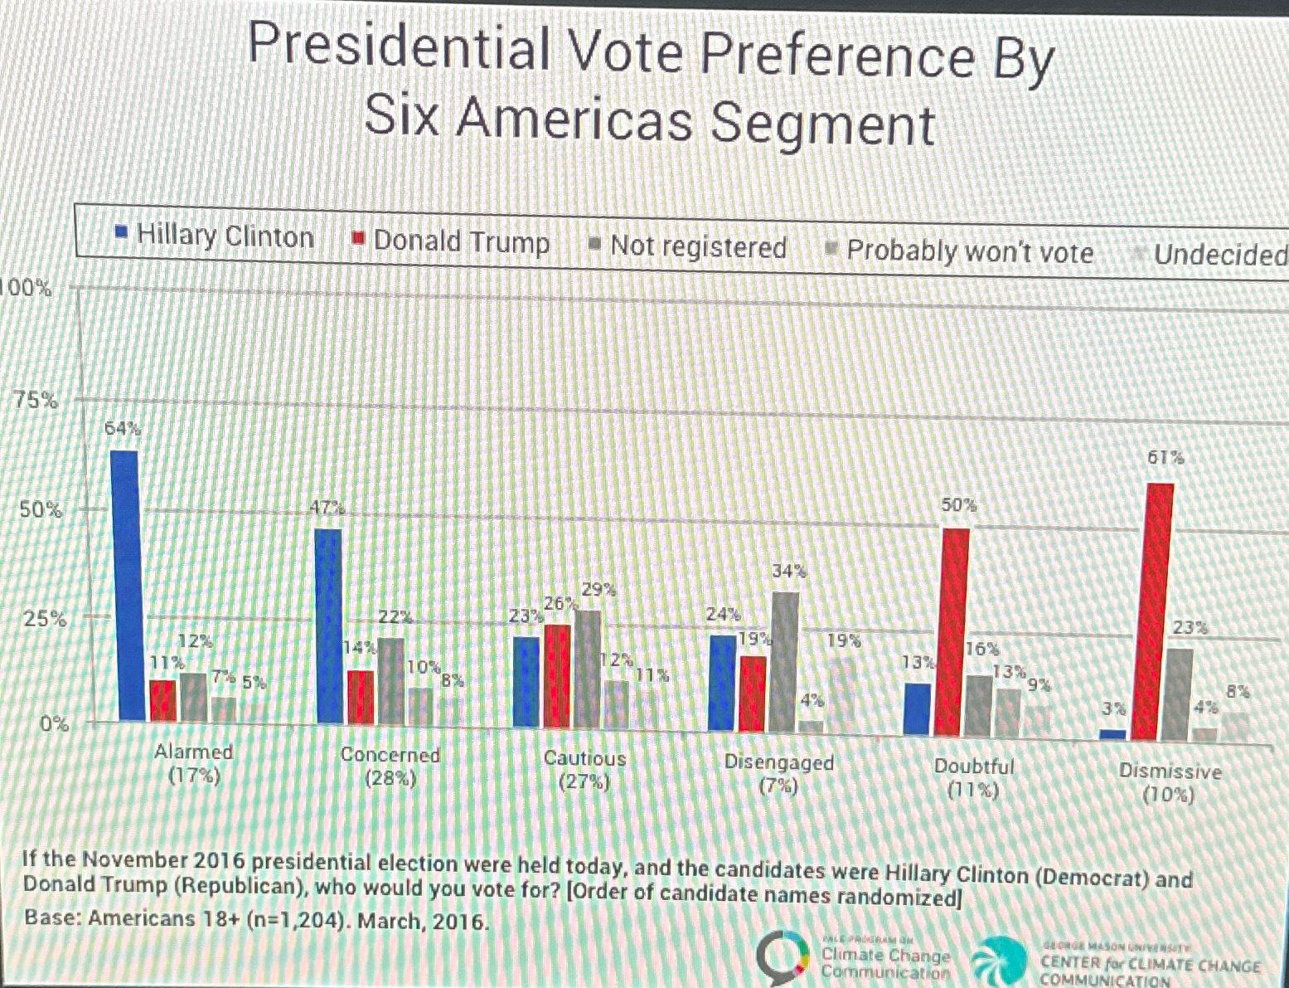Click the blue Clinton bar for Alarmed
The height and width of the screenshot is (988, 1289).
point(124,585)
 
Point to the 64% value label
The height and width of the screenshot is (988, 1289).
point(122,429)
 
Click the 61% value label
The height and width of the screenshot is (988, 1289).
point(1165,457)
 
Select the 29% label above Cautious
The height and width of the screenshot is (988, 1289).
point(598,590)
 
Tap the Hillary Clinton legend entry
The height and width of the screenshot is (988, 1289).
point(215,236)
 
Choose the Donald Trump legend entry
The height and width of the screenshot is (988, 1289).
point(451,241)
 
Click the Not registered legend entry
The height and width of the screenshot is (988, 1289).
point(687,246)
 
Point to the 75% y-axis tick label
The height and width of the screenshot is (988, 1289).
point(35,401)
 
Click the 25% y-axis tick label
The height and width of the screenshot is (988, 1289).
point(44,619)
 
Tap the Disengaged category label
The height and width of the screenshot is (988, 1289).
point(778,762)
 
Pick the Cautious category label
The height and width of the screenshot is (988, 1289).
point(584,758)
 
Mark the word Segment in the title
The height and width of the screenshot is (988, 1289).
point(822,124)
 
